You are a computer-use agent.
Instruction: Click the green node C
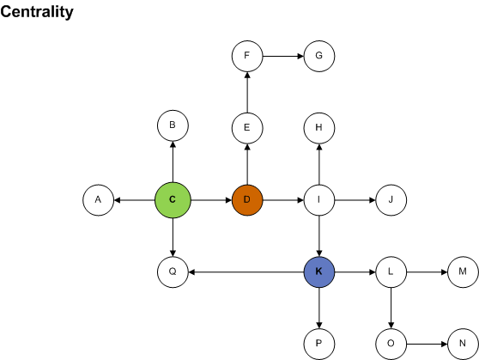(173, 200)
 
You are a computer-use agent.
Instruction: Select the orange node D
(246, 200)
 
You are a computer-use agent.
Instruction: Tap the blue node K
(318, 272)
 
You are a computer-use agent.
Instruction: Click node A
(98, 200)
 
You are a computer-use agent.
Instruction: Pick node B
(173, 126)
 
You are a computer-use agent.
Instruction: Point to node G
(318, 56)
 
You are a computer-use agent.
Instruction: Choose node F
(246, 56)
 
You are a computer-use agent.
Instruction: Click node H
(318, 128)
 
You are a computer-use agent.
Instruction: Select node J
(391, 200)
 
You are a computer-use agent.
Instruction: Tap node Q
(173, 272)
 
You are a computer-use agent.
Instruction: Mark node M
(463, 272)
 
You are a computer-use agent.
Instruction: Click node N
(463, 345)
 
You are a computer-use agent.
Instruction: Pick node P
(318, 345)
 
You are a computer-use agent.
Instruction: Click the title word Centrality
(37, 12)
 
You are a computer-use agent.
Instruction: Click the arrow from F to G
(282, 56)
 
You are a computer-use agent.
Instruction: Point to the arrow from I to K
(318, 236)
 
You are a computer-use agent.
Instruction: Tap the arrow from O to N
(427, 345)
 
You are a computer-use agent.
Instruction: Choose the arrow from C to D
(210, 200)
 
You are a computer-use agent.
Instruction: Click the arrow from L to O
(391, 308)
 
